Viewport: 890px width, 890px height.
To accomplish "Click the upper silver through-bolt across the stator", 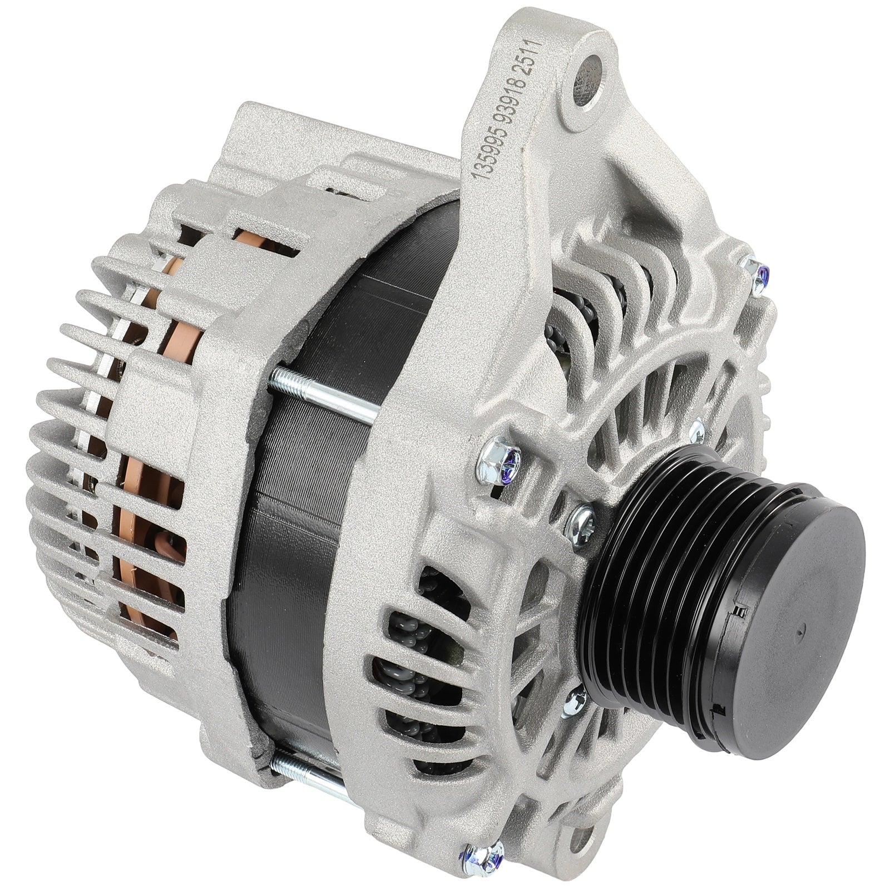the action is [x=323, y=394].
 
